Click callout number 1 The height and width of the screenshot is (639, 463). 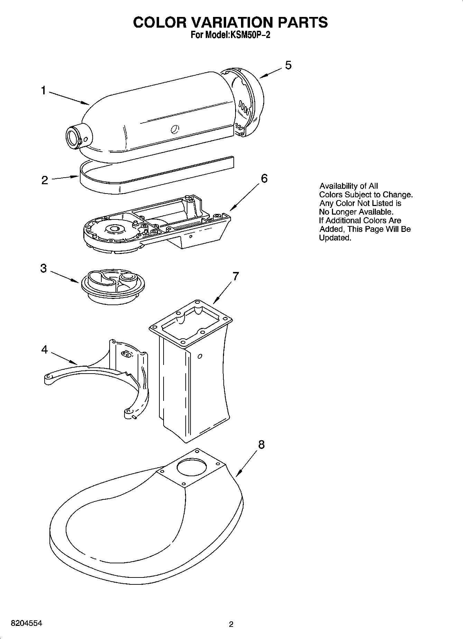(44, 91)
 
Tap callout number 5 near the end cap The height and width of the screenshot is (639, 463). (288, 65)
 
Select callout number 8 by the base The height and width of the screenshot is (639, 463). (261, 444)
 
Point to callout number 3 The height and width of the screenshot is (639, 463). (44, 268)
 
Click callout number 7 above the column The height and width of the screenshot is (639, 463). (235, 276)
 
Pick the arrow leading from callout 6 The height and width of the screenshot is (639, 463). (244, 197)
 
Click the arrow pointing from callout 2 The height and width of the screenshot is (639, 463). (65, 178)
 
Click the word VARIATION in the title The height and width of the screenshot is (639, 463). (233, 22)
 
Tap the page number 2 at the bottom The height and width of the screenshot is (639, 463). (231, 624)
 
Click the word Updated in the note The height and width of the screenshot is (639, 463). (335, 238)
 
